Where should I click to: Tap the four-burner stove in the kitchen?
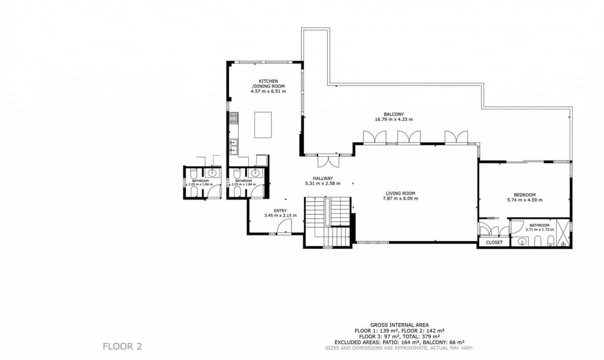coord(234,118)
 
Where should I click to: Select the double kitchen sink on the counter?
coord(234,146)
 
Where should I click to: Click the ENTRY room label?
coord(280,210)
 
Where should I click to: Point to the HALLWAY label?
coord(323,178)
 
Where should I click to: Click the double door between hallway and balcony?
coord(328,161)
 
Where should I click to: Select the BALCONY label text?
coord(394,114)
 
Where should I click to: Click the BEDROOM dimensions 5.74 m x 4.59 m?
coord(524,200)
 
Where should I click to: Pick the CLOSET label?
coord(494,243)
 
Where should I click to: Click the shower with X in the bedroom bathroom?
coord(564,233)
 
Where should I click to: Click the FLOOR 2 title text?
coord(122,346)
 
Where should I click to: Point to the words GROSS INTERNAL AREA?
coord(399,325)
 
